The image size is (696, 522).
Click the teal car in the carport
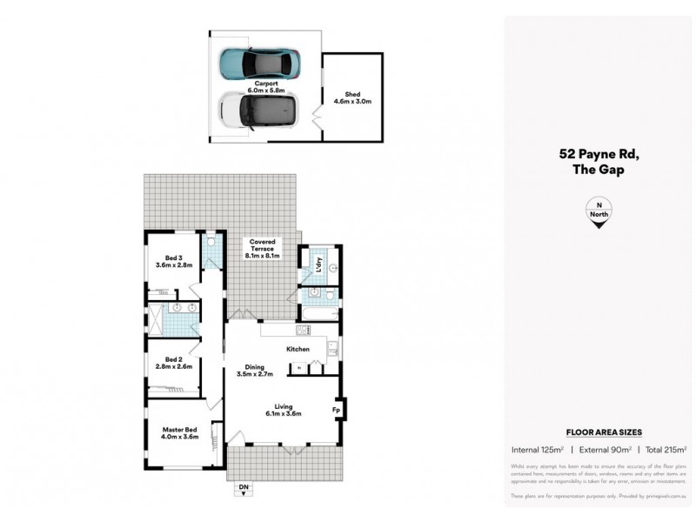coord(260,63)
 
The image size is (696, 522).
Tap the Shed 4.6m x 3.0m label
coord(352,98)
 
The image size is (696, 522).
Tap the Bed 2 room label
coord(174,362)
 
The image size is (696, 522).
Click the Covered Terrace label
coord(263,248)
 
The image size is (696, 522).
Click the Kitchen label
coord(298,349)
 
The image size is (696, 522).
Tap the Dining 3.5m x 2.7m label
coord(256,371)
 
